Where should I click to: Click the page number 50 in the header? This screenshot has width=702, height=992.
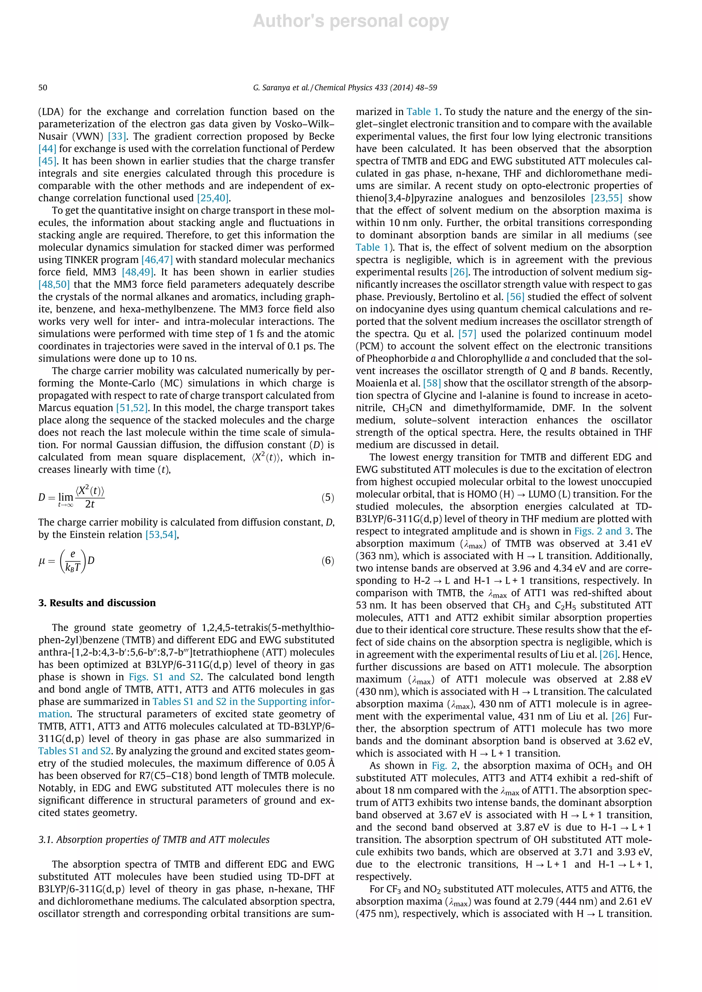[x=43, y=88]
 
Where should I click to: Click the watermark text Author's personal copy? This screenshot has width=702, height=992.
[x=351, y=21]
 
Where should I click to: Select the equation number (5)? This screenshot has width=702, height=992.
[x=327, y=497]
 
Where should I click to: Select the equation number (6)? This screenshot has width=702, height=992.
[x=327, y=561]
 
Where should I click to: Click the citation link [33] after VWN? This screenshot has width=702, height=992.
[x=117, y=137]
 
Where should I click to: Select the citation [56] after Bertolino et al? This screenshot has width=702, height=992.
[x=515, y=297]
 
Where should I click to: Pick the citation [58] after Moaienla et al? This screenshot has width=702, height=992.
[x=432, y=383]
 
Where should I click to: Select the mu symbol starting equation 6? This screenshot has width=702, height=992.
[x=42, y=561]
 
